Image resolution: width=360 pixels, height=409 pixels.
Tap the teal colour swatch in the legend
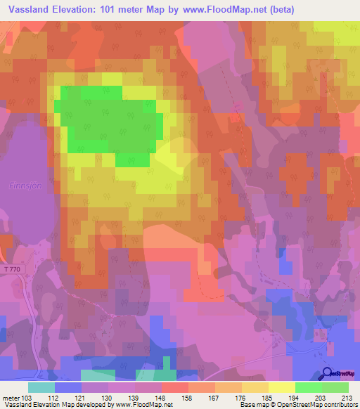41,387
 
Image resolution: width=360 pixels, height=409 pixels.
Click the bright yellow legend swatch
281,387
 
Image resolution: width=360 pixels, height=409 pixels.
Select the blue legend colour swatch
67,387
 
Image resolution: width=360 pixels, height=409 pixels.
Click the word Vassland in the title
30,9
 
